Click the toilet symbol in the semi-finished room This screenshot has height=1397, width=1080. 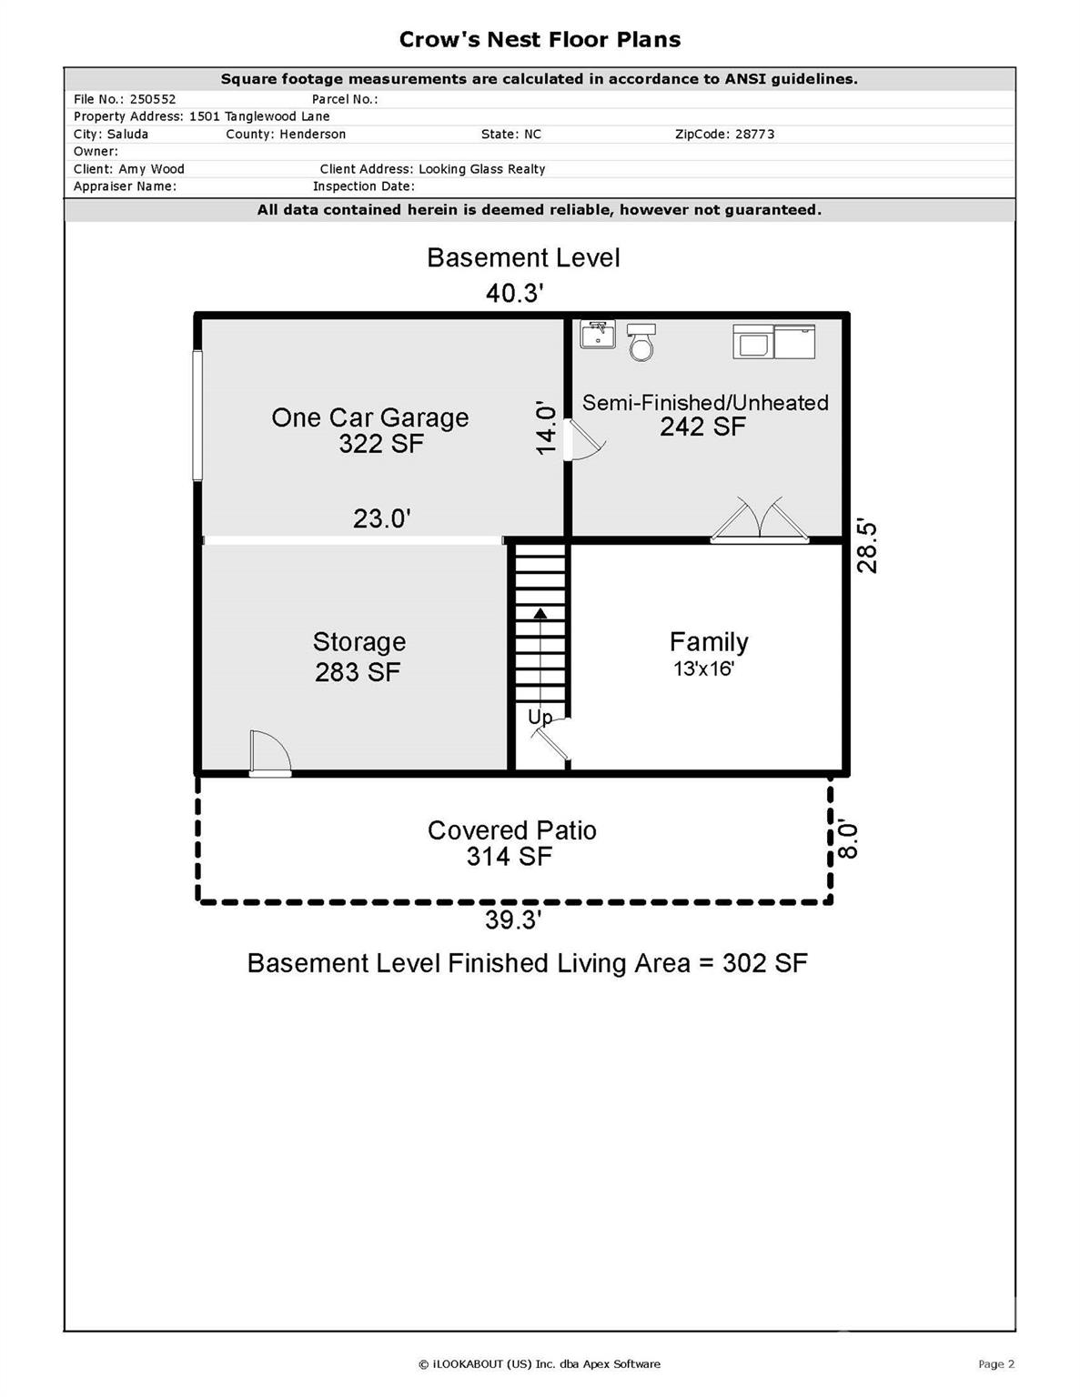pyautogui.click(x=641, y=342)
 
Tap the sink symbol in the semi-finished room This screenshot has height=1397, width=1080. pyautogui.click(x=597, y=334)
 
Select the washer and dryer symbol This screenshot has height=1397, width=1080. pyautogui.click(x=773, y=341)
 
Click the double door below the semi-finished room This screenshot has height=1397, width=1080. pyautogui.click(x=760, y=521)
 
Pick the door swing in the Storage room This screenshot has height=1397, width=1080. pyautogui.click(x=270, y=753)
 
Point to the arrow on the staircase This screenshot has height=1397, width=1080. pyautogui.click(x=540, y=614)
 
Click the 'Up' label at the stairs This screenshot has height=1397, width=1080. pyautogui.click(x=540, y=717)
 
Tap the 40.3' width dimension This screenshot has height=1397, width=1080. pyautogui.click(x=514, y=293)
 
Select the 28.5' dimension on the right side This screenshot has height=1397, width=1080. pyautogui.click(x=868, y=546)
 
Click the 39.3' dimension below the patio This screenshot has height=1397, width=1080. pyautogui.click(x=513, y=920)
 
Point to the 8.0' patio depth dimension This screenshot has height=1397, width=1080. pyautogui.click(x=847, y=839)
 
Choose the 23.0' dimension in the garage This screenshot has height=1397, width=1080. pyautogui.click(x=382, y=518)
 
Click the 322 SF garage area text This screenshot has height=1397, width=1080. pyautogui.click(x=381, y=444)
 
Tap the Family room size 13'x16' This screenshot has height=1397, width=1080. pyautogui.click(x=703, y=669)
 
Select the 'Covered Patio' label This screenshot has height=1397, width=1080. pyautogui.click(x=512, y=830)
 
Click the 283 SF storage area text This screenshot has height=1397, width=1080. pyautogui.click(x=358, y=672)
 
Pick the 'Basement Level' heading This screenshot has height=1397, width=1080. pyautogui.click(x=523, y=258)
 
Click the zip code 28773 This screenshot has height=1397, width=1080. pyautogui.click(x=754, y=134)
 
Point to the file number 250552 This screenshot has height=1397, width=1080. pyautogui.click(x=153, y=99)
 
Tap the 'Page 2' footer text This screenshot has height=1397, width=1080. pyautogui.click(x=995, y=1363)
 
